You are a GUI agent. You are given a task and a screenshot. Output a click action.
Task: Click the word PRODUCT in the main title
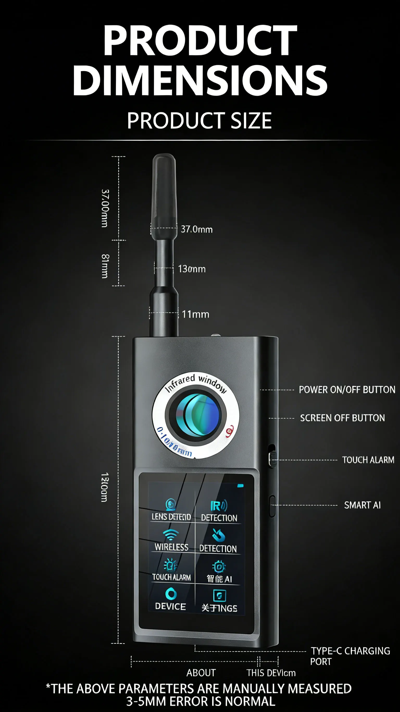point(200,40)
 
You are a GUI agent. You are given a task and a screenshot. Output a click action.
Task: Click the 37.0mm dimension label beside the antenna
point(197,230)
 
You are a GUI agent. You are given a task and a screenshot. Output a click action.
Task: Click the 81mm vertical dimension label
point(105,266)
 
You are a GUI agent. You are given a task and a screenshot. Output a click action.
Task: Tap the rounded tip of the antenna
point(164,160)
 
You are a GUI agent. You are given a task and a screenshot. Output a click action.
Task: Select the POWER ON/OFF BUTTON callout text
point(347,390)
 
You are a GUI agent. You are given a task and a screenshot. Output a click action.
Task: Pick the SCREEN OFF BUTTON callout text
point(342,418)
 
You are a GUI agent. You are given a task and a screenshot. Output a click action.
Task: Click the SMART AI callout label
point(362,505)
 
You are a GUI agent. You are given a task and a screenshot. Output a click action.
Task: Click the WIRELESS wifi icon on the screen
point(171,535)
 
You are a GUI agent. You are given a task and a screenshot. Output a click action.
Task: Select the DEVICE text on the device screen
point(170,606)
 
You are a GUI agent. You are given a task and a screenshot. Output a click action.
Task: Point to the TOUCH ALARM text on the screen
point(171,577)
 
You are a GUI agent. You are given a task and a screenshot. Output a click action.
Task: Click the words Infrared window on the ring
point(196,383)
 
